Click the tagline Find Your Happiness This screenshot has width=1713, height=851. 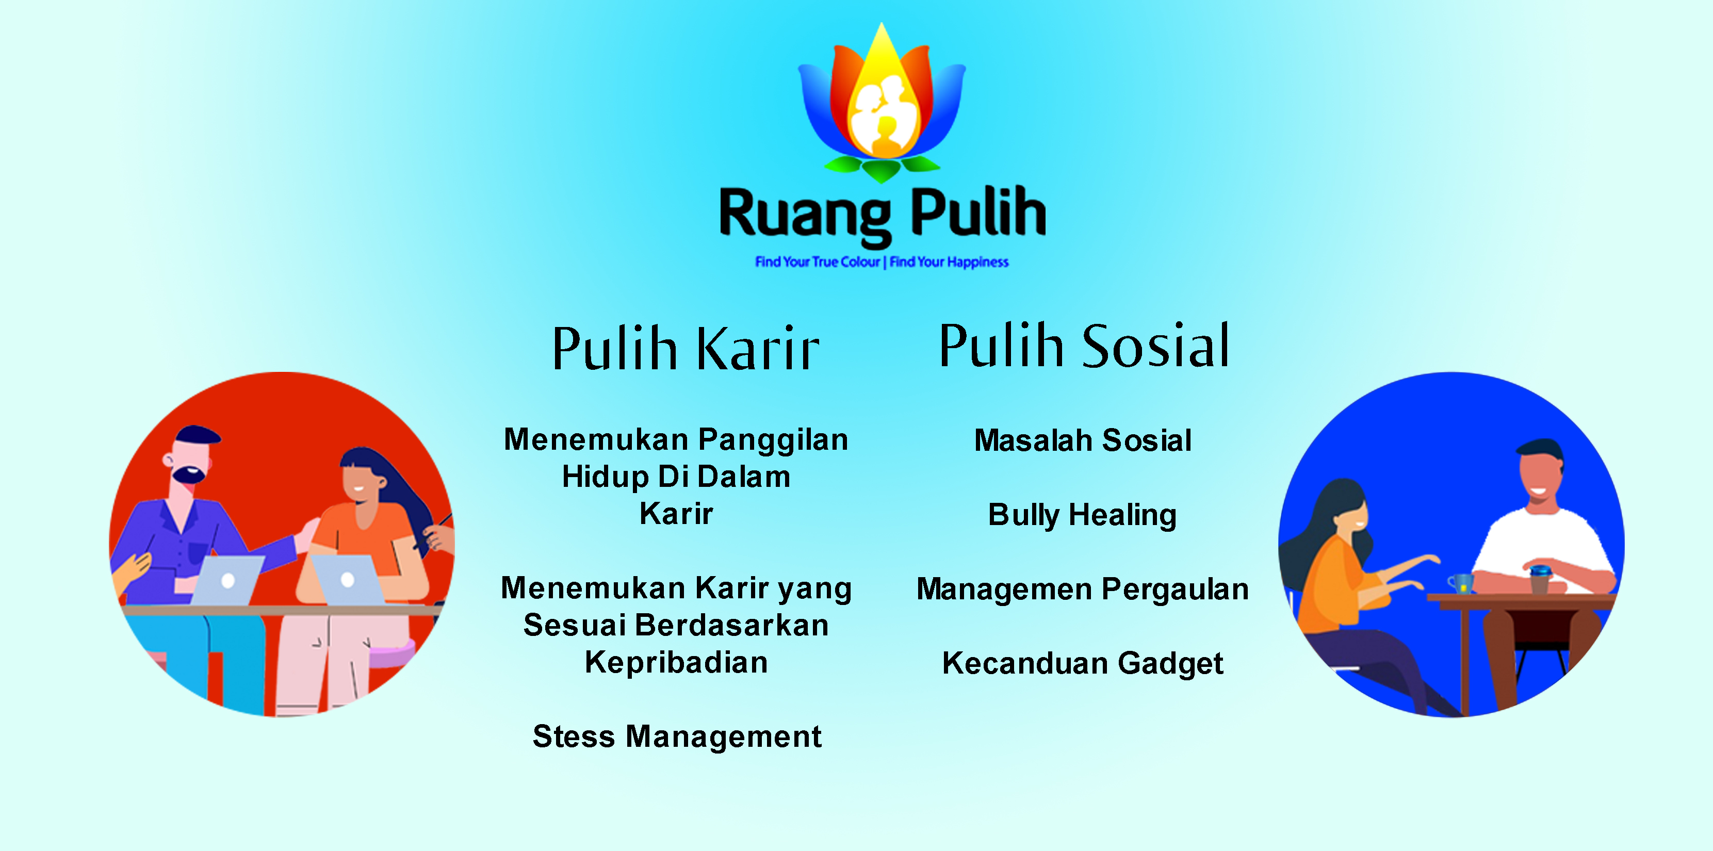[x=949, y=262]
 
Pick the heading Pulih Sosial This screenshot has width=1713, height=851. [x=1084, y=345]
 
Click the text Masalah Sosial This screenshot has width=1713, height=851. [x=1083, y=440]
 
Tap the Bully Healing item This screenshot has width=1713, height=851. [x=1082, y=515]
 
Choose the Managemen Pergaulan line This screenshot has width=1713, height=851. [x=1083, y=590]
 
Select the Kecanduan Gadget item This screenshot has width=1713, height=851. [x=1083, y=663]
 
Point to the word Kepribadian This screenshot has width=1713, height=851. [x=676, y=663]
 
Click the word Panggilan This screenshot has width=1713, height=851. [x=773, y=440]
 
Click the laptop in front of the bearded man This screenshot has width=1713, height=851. [x=226, y=580]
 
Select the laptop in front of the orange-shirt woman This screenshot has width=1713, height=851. [x=347, y=580]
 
